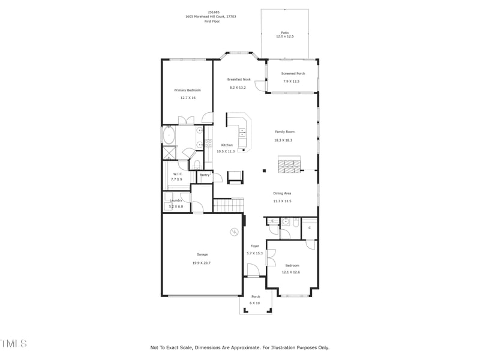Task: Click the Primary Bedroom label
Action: (187, 90)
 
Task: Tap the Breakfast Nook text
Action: (238, 79)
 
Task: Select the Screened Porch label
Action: (293, 73)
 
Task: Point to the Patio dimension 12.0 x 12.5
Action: (284, 37)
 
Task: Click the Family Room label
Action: (284, 131)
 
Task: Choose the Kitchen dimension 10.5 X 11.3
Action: (226, 151)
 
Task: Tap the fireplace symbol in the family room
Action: (289, 164)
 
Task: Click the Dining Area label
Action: (282, 193)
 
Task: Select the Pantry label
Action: (205, 175)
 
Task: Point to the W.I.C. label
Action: (177, 174)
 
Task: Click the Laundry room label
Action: (176, 200)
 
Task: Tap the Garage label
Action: (202, 254)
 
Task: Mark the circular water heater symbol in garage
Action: (233, 232)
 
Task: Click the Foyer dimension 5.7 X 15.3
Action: (254, 253)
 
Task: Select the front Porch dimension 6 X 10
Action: (255, 303)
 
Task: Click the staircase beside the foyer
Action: (229, 206)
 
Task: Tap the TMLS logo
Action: (13, 343)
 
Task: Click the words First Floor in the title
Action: (212, 21)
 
